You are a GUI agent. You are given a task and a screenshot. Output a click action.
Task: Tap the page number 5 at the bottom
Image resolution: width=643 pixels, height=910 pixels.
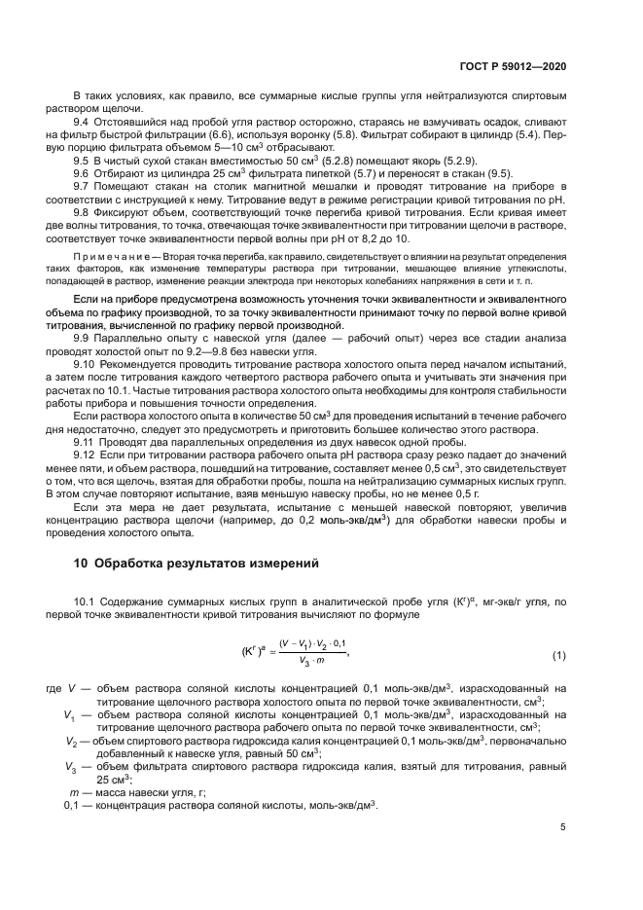563,827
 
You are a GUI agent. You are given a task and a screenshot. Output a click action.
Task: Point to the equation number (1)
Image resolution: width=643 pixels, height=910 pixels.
559,655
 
